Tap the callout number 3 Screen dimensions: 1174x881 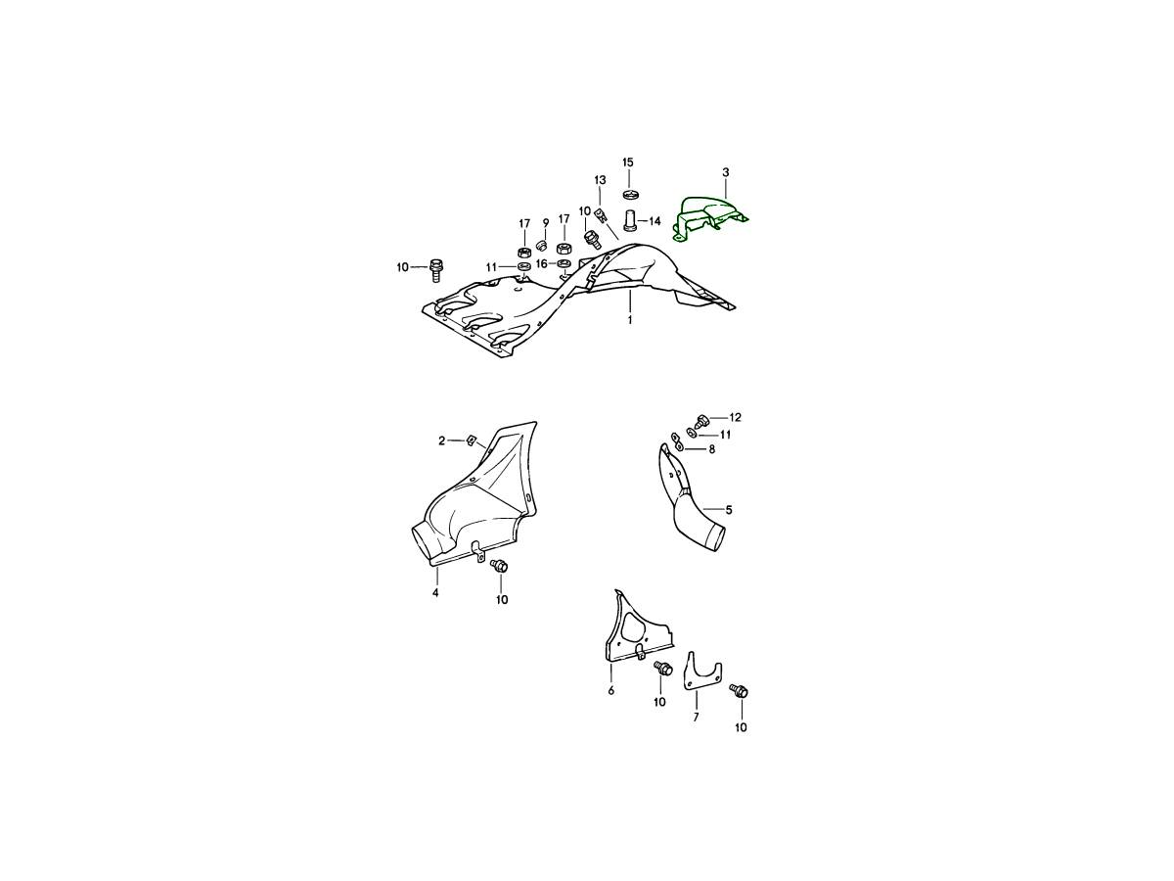(x=726, y=172)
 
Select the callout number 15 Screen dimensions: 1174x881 (x=628, y=162)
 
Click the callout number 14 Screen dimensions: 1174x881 (x=655, y=221)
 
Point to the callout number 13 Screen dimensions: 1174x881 (x=600, y=180)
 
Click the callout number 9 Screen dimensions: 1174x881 (x=546, y=222)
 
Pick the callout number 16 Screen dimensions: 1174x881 (x=542, y=263)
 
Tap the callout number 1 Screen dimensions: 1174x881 (x=630, y=320)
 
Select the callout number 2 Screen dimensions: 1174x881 (x=442, y=440)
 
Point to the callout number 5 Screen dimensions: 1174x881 (x=729, y=510)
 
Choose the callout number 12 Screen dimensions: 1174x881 (x=736, y=417)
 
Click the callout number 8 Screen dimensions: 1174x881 (x=712, y=450)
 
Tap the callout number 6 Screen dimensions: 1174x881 (x=610, y=690)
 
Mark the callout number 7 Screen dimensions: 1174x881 (x=696, y=718)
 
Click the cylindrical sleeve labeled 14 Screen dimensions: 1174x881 (x=630, y=221)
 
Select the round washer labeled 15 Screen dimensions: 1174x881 (x=629, y=193)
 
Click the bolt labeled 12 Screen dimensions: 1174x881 (x=700, y=422)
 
